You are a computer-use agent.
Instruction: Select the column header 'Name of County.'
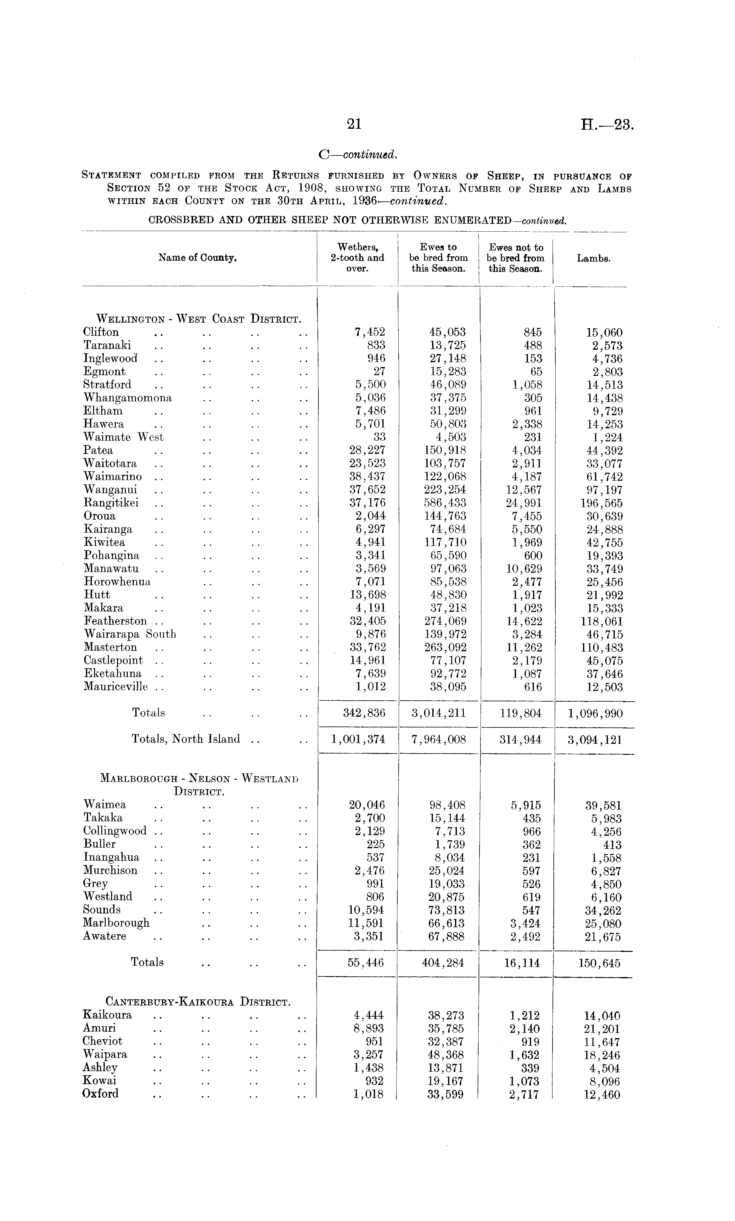tap(197, 257)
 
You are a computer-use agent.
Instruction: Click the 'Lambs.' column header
tap(593, 258)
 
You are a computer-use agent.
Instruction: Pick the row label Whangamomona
tap(127, 398)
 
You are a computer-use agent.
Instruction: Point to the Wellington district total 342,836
tap(364, 713)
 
